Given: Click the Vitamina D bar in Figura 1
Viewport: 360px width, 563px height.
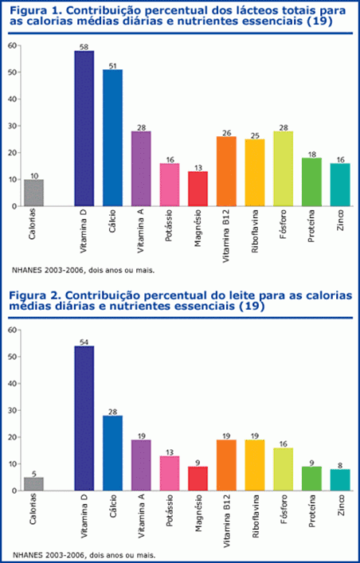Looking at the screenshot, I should click(x=84, y=128).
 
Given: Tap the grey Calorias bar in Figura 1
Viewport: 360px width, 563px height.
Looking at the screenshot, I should click(x=33, y=192).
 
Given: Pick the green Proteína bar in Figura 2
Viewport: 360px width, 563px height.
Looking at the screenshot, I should click(x=311, y=478).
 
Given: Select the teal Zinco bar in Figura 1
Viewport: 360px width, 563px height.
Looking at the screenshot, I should click(x=340, y=184).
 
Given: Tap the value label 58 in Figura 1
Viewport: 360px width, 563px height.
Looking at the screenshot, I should click(x=84, y=46).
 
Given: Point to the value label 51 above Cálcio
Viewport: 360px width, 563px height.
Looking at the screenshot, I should click(x=112, y=65).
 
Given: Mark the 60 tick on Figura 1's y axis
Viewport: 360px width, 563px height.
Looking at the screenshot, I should click(x=11, y=45).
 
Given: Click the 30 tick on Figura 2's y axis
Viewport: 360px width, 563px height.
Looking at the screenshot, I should click(x=11, y=410).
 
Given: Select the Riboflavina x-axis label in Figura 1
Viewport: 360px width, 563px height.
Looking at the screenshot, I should click(x=255, y=231).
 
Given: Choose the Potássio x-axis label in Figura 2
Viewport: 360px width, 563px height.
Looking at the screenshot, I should click(x=170, y=516).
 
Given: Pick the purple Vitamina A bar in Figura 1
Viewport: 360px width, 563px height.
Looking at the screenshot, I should click(x=141, y=168).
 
